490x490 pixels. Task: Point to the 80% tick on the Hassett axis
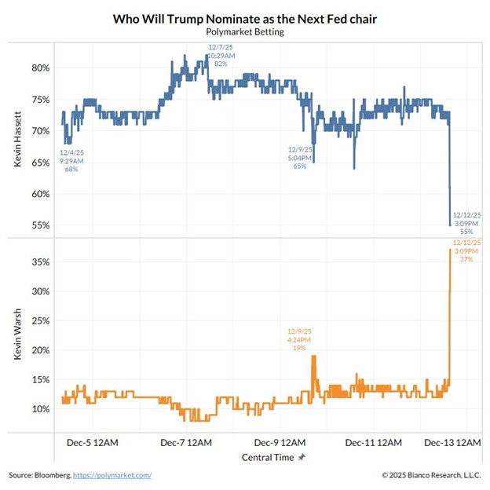40,68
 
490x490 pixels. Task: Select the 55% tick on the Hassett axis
40,225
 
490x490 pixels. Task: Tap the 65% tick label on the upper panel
40,163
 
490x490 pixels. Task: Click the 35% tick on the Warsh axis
40,261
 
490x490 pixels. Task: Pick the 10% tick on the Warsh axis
40,409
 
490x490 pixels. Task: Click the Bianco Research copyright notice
430,475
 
